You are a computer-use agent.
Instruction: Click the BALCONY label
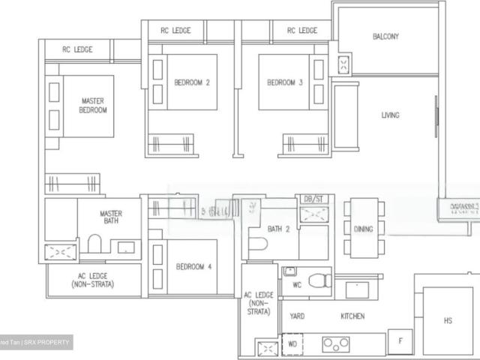point(385,36)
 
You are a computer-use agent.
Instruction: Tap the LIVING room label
point(390,115)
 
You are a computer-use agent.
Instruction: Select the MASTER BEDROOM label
point(94,105)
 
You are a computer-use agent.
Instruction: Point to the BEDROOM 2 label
point(191,83)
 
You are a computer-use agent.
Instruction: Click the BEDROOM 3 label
point(285,83)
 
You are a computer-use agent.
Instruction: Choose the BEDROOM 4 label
point(193,266)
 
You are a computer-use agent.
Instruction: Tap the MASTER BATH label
point(111,218)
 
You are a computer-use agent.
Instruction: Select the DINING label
point(364,229)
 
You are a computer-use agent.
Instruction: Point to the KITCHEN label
point(352,316)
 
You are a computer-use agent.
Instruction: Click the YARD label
point(297,316)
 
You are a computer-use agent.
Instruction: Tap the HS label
point(448,321)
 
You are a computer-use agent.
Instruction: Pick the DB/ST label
point(311,199)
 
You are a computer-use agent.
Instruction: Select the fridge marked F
point(400,340)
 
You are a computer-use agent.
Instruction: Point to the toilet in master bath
point(94,244)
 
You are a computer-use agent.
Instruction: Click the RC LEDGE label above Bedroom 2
point(175,31)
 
